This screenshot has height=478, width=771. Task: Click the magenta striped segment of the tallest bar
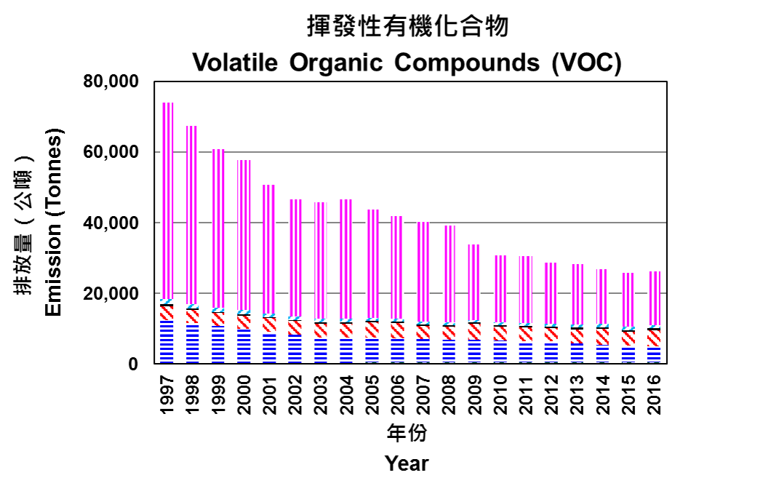[167, 200]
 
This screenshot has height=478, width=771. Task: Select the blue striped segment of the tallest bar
[167, 341]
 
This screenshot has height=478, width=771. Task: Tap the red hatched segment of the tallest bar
[167, 313]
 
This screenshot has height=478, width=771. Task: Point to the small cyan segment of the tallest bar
[167, 302]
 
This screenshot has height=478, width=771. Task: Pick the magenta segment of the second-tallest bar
[193, 215]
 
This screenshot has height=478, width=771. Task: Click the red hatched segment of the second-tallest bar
[193, 316]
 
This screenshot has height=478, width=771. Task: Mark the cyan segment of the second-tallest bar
[193, 306]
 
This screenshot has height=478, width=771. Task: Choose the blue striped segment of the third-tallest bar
[218, 344]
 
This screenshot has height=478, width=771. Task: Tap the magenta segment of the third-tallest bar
[218, 228]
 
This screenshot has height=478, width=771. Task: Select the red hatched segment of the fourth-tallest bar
[244, 322]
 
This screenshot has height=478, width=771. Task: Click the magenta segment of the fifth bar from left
[269, 249]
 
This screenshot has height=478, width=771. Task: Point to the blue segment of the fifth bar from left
[269, 348]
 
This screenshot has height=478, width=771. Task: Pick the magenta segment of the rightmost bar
[653, 298]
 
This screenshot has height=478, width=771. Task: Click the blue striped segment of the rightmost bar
[653, 354]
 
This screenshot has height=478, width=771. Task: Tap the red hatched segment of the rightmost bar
[653, 338]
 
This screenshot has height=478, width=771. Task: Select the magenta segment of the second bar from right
[628, 300]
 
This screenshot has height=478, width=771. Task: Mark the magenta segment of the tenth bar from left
[397, 267]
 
